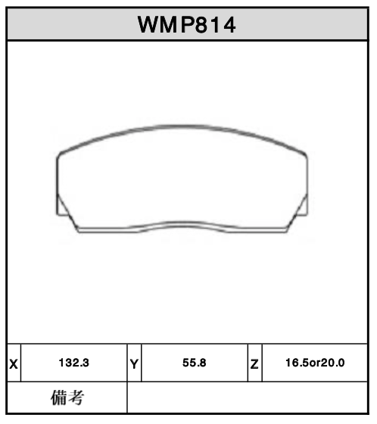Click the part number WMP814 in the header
pos(187,25)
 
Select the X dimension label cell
pos(14,363)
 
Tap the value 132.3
pos(73,363)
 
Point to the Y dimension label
pos(134,363)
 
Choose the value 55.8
pos(195,363)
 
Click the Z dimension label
pos(254,363)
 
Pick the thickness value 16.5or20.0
pos(313,363)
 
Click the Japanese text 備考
pos(67,397)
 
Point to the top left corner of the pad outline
pos(60,154)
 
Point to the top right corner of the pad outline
pos(306,154)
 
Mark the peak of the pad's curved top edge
pos(182,125)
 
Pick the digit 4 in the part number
pos(229,25)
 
